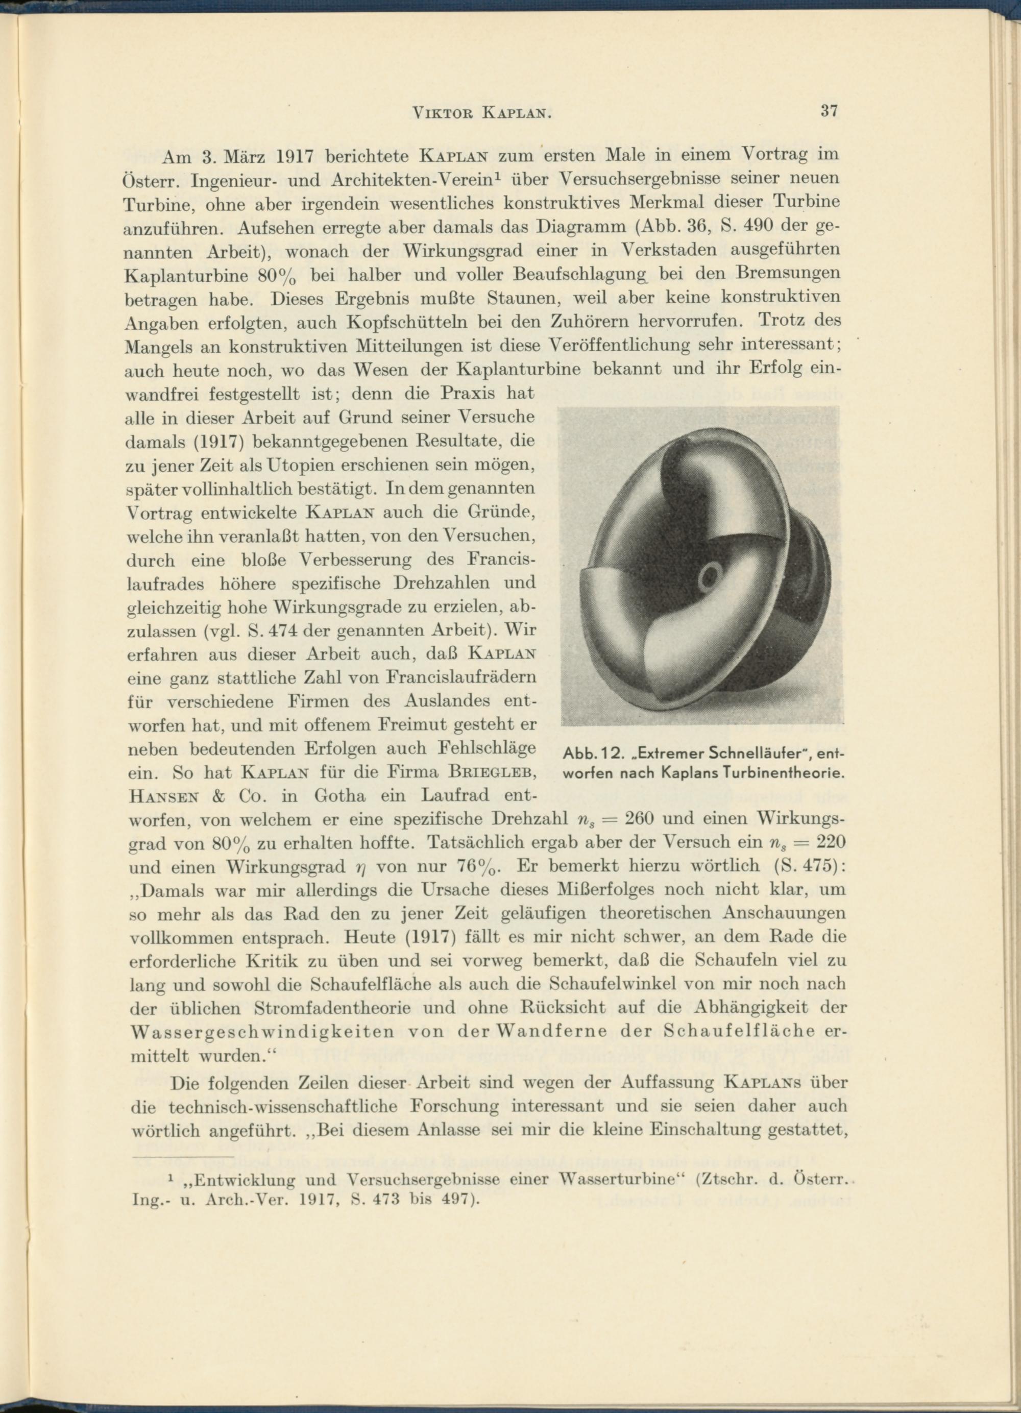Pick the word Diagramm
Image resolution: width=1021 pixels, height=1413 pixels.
pos(579,226)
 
